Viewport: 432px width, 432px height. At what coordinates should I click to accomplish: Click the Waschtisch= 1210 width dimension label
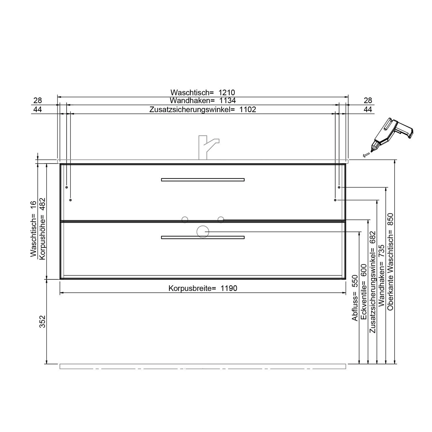pos(203,92)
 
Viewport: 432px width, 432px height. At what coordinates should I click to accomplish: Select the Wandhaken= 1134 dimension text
pos(203,101)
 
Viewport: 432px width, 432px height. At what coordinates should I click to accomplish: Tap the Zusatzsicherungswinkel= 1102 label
pos(203,109)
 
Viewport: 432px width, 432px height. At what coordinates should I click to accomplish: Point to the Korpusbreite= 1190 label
pos(203,288)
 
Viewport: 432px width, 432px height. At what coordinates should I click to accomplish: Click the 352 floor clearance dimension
pos(43,321)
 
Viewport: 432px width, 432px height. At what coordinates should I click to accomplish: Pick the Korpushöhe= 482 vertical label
pos(43,228)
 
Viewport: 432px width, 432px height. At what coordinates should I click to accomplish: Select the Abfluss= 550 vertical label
pos(355,298)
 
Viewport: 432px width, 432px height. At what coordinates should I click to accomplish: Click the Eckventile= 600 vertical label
pos(364,292)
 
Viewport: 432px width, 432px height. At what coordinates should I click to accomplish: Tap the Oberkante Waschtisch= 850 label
pos(390,262)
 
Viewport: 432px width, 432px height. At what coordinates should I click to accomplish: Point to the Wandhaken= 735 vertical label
pos(382,275)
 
